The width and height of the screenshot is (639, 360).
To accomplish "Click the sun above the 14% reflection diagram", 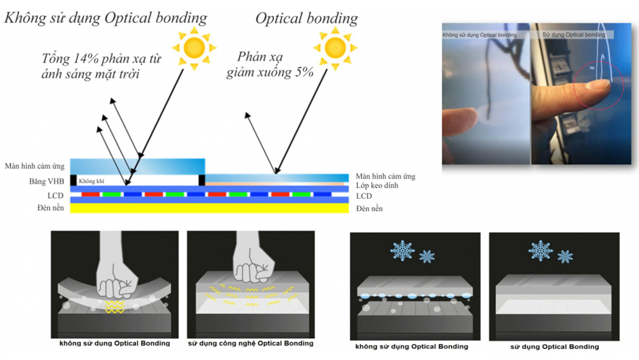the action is [194, 48].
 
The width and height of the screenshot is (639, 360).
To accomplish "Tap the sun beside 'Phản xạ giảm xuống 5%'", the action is [335, 48].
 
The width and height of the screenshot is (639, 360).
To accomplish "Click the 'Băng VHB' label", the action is [47, 182].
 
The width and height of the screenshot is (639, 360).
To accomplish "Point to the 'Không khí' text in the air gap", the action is [91, 181].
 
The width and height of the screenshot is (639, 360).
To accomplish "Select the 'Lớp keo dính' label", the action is [377, 185].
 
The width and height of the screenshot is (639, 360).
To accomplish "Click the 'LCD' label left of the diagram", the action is [56, 196].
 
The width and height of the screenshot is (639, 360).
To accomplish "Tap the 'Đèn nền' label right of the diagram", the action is [369, 208].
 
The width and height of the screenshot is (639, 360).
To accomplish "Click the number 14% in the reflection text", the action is [86, 59].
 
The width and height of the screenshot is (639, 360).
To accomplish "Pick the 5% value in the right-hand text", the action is [304, 72].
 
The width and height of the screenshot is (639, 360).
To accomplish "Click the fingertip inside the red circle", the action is [596, 85].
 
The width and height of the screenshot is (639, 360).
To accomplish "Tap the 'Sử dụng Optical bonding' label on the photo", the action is [573, 35].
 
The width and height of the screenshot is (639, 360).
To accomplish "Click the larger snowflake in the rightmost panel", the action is [541, 251].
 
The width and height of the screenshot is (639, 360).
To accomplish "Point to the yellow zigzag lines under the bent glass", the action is [115, 306].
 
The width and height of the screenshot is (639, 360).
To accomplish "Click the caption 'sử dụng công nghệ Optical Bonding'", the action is [250, 343].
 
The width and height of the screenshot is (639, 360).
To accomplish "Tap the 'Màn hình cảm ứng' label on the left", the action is [35, 166].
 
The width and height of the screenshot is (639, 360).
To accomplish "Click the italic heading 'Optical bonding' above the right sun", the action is [307, 19].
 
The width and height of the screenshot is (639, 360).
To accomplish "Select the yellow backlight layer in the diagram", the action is [210, 208].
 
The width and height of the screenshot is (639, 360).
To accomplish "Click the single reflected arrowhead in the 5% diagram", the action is [247, 115].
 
